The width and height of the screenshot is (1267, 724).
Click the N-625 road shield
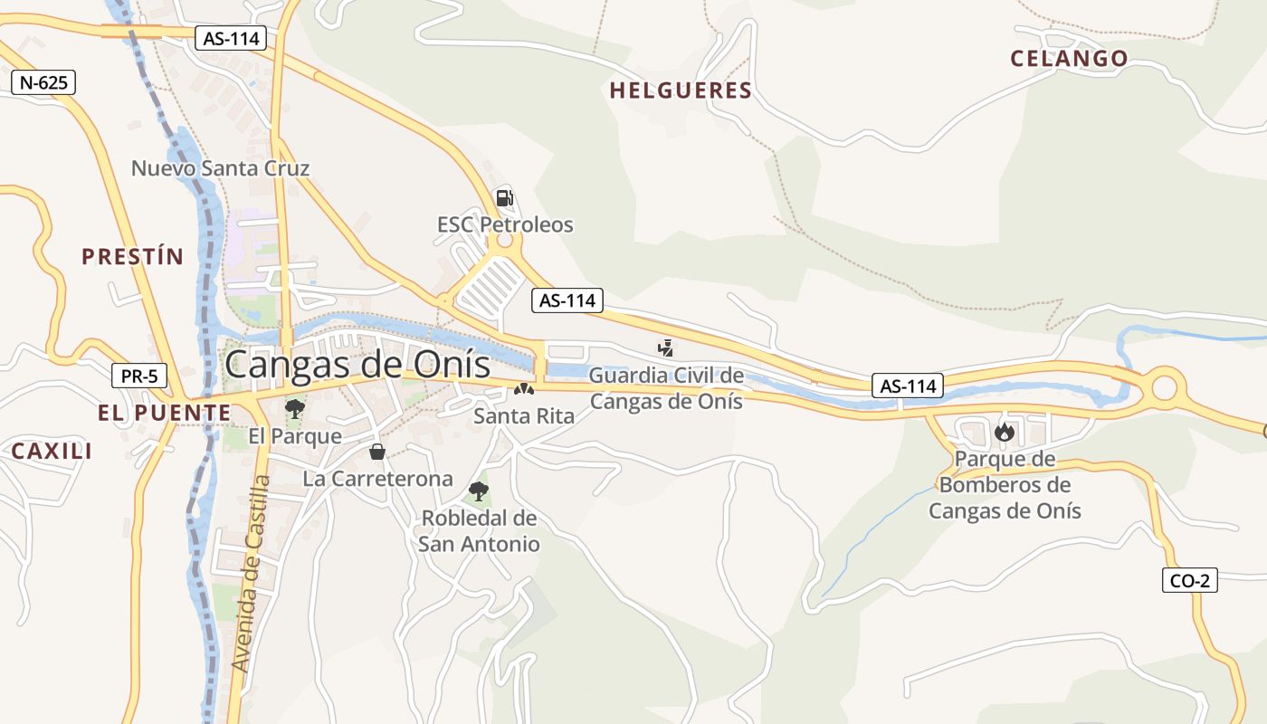pyautogui.click(x=43, y=82)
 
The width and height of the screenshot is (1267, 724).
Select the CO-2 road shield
pyautogui.click(x=1189, y=580)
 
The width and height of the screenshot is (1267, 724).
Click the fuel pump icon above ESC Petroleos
pyautogui.click(x=504, y=197)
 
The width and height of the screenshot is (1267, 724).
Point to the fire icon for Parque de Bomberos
pyautogui.click(x=1004, y=432)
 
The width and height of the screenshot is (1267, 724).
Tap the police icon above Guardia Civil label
pyautogui.click(x=666, y=347)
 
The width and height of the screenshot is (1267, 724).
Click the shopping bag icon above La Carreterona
pyautogui.click(x=377, y=451)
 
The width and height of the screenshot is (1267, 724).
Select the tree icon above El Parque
pyautogui.click(x=294, y=408)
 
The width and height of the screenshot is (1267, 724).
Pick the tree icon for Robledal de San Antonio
pyautogui.click(x=479, y=491)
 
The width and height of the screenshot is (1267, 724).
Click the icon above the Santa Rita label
pyautogui.click(x=523, y=389)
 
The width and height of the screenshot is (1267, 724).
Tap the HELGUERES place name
pyautogui.click(x=681, y=90)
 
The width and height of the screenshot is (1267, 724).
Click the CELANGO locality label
pyautogui.click(x=1069, y=59)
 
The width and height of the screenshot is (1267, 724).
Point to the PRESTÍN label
pyautogui.click(x=132, y=256)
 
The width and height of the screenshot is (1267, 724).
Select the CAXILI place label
pyautogui.click(x=52, y=451)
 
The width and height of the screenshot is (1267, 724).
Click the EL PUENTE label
pyautogui.click(x=164, y=413)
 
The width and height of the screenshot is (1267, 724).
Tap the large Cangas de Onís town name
pyautogui.click(x=357, y=365)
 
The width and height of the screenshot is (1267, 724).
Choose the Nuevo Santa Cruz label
pyautogui.click(x=220, y=168)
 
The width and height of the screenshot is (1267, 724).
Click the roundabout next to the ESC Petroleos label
pyautogui.click(x=504, y=241)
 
